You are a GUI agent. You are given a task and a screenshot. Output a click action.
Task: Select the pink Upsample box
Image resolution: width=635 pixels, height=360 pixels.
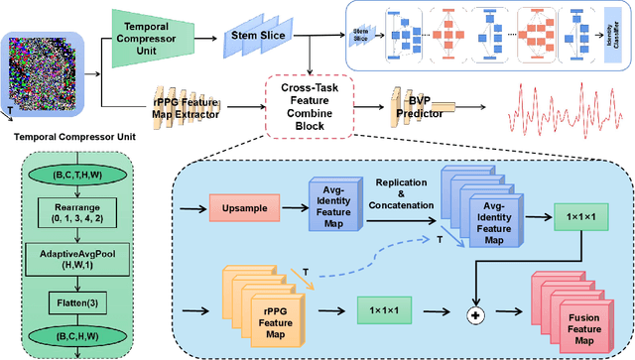[245, 209]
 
